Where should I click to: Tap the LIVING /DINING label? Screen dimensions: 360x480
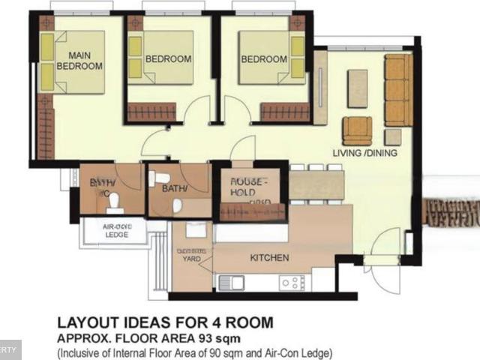365,153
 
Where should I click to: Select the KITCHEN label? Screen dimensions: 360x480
269,257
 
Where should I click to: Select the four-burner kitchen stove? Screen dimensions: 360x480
292,283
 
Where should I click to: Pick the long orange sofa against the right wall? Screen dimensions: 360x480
397,90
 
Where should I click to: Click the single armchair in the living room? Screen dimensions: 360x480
357,130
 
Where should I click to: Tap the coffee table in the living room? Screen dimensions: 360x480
358,88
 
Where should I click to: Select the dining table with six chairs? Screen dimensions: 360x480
316,184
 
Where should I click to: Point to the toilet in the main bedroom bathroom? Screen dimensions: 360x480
113,199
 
